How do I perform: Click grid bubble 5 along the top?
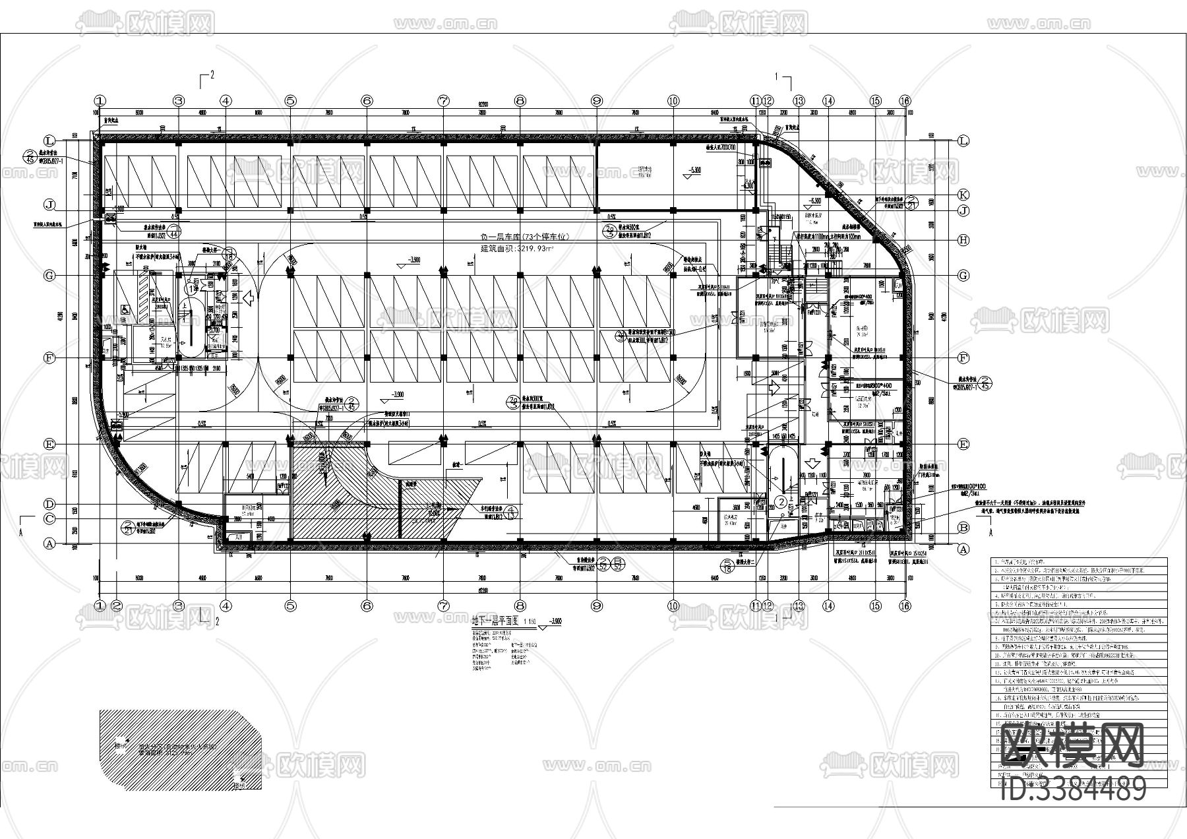tap(291, 101)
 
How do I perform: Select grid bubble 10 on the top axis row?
tap(673, 101)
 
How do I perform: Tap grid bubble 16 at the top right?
tap(905, 101)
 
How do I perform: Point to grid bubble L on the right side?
tap(964, 141)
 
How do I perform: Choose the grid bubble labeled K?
tap(964, 195)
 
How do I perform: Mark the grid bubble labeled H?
tap(964, 241)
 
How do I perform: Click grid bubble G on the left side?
tap(49, 276)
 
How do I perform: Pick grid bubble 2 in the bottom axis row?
tap(117, 606)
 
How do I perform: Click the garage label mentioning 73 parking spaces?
tap(524, 237)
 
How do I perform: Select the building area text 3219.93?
tap(518, 249)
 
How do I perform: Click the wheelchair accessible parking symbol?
tap(125, 309)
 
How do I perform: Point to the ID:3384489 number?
tap(1074, 789)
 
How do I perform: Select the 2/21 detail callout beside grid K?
tap(911, 202)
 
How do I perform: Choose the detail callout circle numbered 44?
tap(174, 232)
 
